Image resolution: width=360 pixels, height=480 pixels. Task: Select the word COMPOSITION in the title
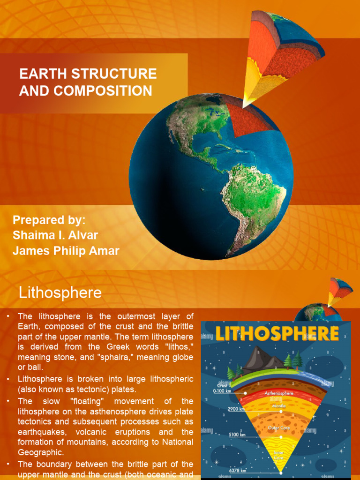coord(100,90)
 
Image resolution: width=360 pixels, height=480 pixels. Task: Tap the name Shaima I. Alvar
coord(55,235)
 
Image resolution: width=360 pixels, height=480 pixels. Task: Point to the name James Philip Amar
coord(66,251)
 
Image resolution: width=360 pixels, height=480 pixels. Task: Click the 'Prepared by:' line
coord(49,220)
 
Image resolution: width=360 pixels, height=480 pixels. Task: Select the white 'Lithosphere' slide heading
coord(60,293)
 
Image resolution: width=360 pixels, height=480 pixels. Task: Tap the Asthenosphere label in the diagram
coord(279,393)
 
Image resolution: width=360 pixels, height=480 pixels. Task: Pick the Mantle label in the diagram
coord(279,405)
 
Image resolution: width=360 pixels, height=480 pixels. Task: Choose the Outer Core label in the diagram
coord(278,428)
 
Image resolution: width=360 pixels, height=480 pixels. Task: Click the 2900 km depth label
coord(236,409)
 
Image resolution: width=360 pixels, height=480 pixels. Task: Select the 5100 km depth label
coord(236,435)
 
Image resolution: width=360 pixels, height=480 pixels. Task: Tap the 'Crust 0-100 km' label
coord(221,388)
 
